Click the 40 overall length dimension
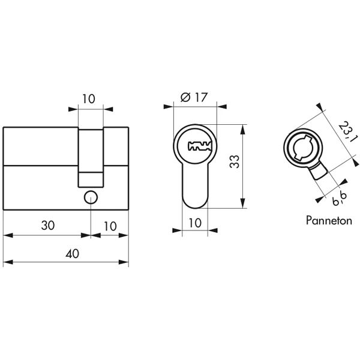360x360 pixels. (x=72, y=254)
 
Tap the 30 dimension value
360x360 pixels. (x=48, y=226)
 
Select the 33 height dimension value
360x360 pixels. (x=235, y=161)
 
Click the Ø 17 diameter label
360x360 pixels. (x=194, y=97)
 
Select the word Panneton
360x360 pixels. (x=329, y=220)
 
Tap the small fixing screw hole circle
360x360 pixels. (x=91, y=197)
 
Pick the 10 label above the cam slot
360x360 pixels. (x=88, y=99)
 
